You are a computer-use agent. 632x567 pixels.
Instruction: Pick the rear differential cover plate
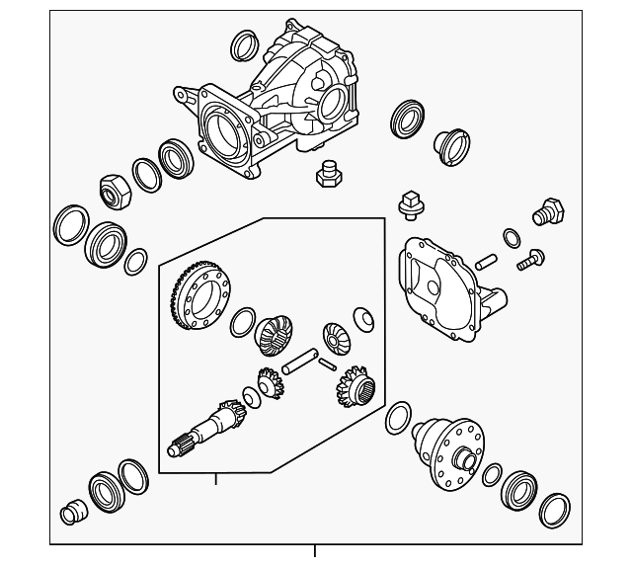pyautogui.click(x=444, y=282)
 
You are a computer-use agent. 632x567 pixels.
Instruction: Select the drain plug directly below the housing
pyautogui.click(x=326, y=175)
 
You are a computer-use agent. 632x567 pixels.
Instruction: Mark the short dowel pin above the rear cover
pyautogui.click(x=484, y=263)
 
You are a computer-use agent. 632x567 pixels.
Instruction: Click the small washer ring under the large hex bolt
pyautogui.click(x=511, y=237)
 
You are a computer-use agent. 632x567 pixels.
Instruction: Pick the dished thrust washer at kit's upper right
pyautogui.click(x=363, y=319)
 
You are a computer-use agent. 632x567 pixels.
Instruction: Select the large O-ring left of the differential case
pyautogui.click(x=397, y=418)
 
